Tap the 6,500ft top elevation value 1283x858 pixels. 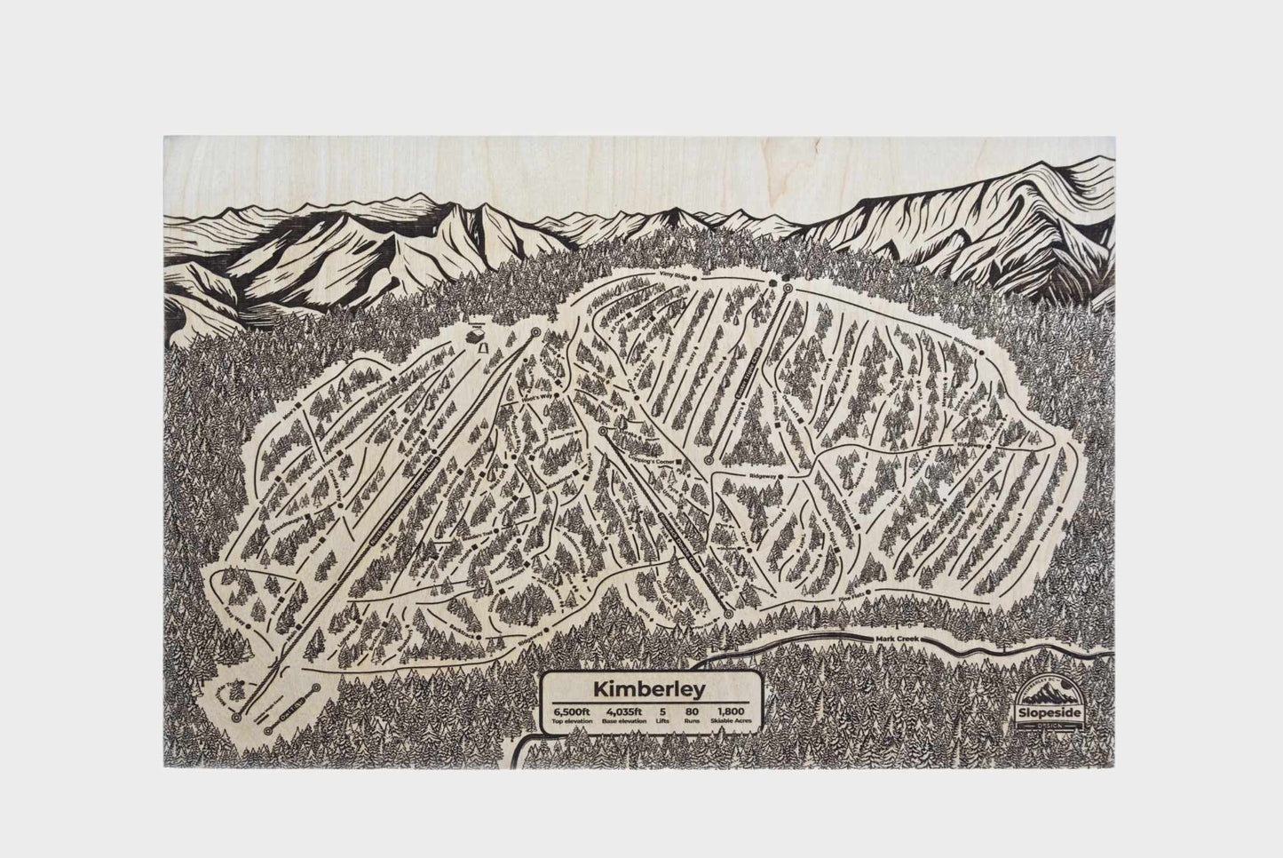pyautogui.click(x=568, y=711)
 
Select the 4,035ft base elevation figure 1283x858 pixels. pyautogui.click(x=622, y=711)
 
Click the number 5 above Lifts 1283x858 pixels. pyautogui.click(x=662, y=711)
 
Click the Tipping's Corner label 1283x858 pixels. pyautogui.click(x=649, y=463)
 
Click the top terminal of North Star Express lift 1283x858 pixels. pyautogui.click(x=536, y=331)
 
